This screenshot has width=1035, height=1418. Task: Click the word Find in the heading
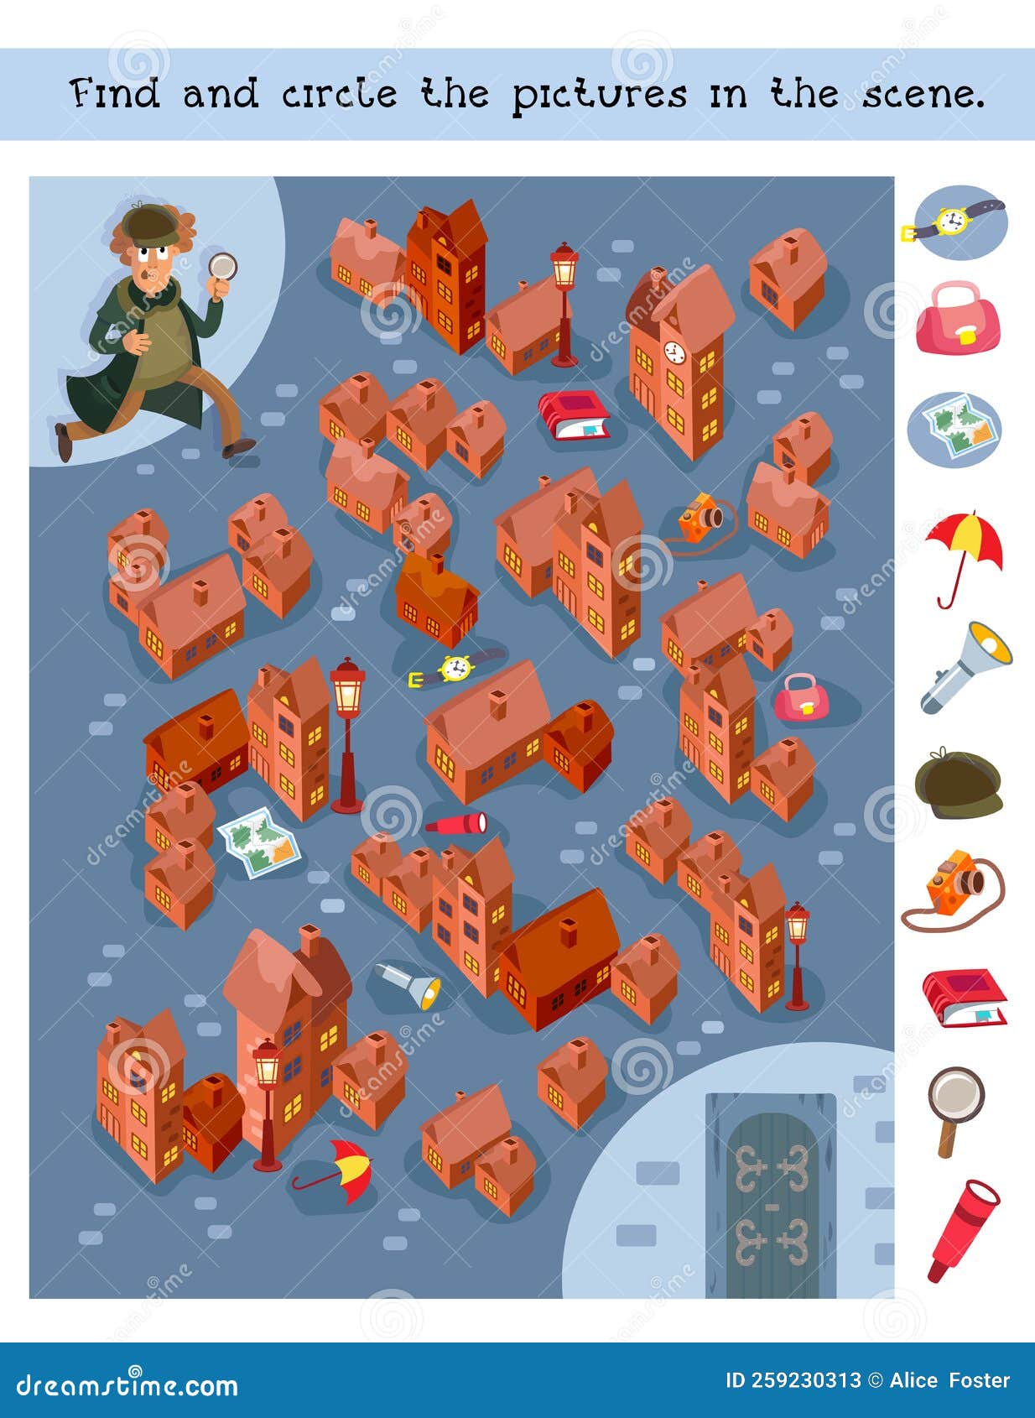[x=115, y=94]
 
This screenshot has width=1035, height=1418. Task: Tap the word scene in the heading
[x=923, y=94]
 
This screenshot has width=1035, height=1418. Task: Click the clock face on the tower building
[x=674, y=352]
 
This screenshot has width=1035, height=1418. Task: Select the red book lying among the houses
[x=574, y=414]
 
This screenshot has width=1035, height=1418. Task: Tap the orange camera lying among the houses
[x=701, y=518]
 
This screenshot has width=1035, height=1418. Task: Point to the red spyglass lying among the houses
[x=456, y=823]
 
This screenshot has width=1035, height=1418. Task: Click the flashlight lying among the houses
[x=408, y=984]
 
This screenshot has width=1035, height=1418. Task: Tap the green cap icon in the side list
[x=959, y=783]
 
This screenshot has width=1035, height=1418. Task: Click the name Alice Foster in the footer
[x=949, y=1379]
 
